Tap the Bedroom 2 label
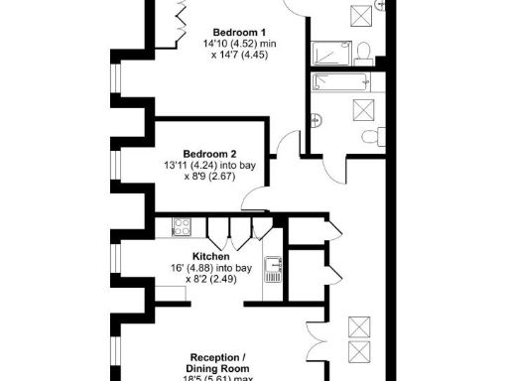click(x=209, y=153)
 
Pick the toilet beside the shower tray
click(x=364, y=51)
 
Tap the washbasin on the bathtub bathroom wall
click(x=316, y=120)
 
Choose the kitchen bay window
click(x=116, y=260)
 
